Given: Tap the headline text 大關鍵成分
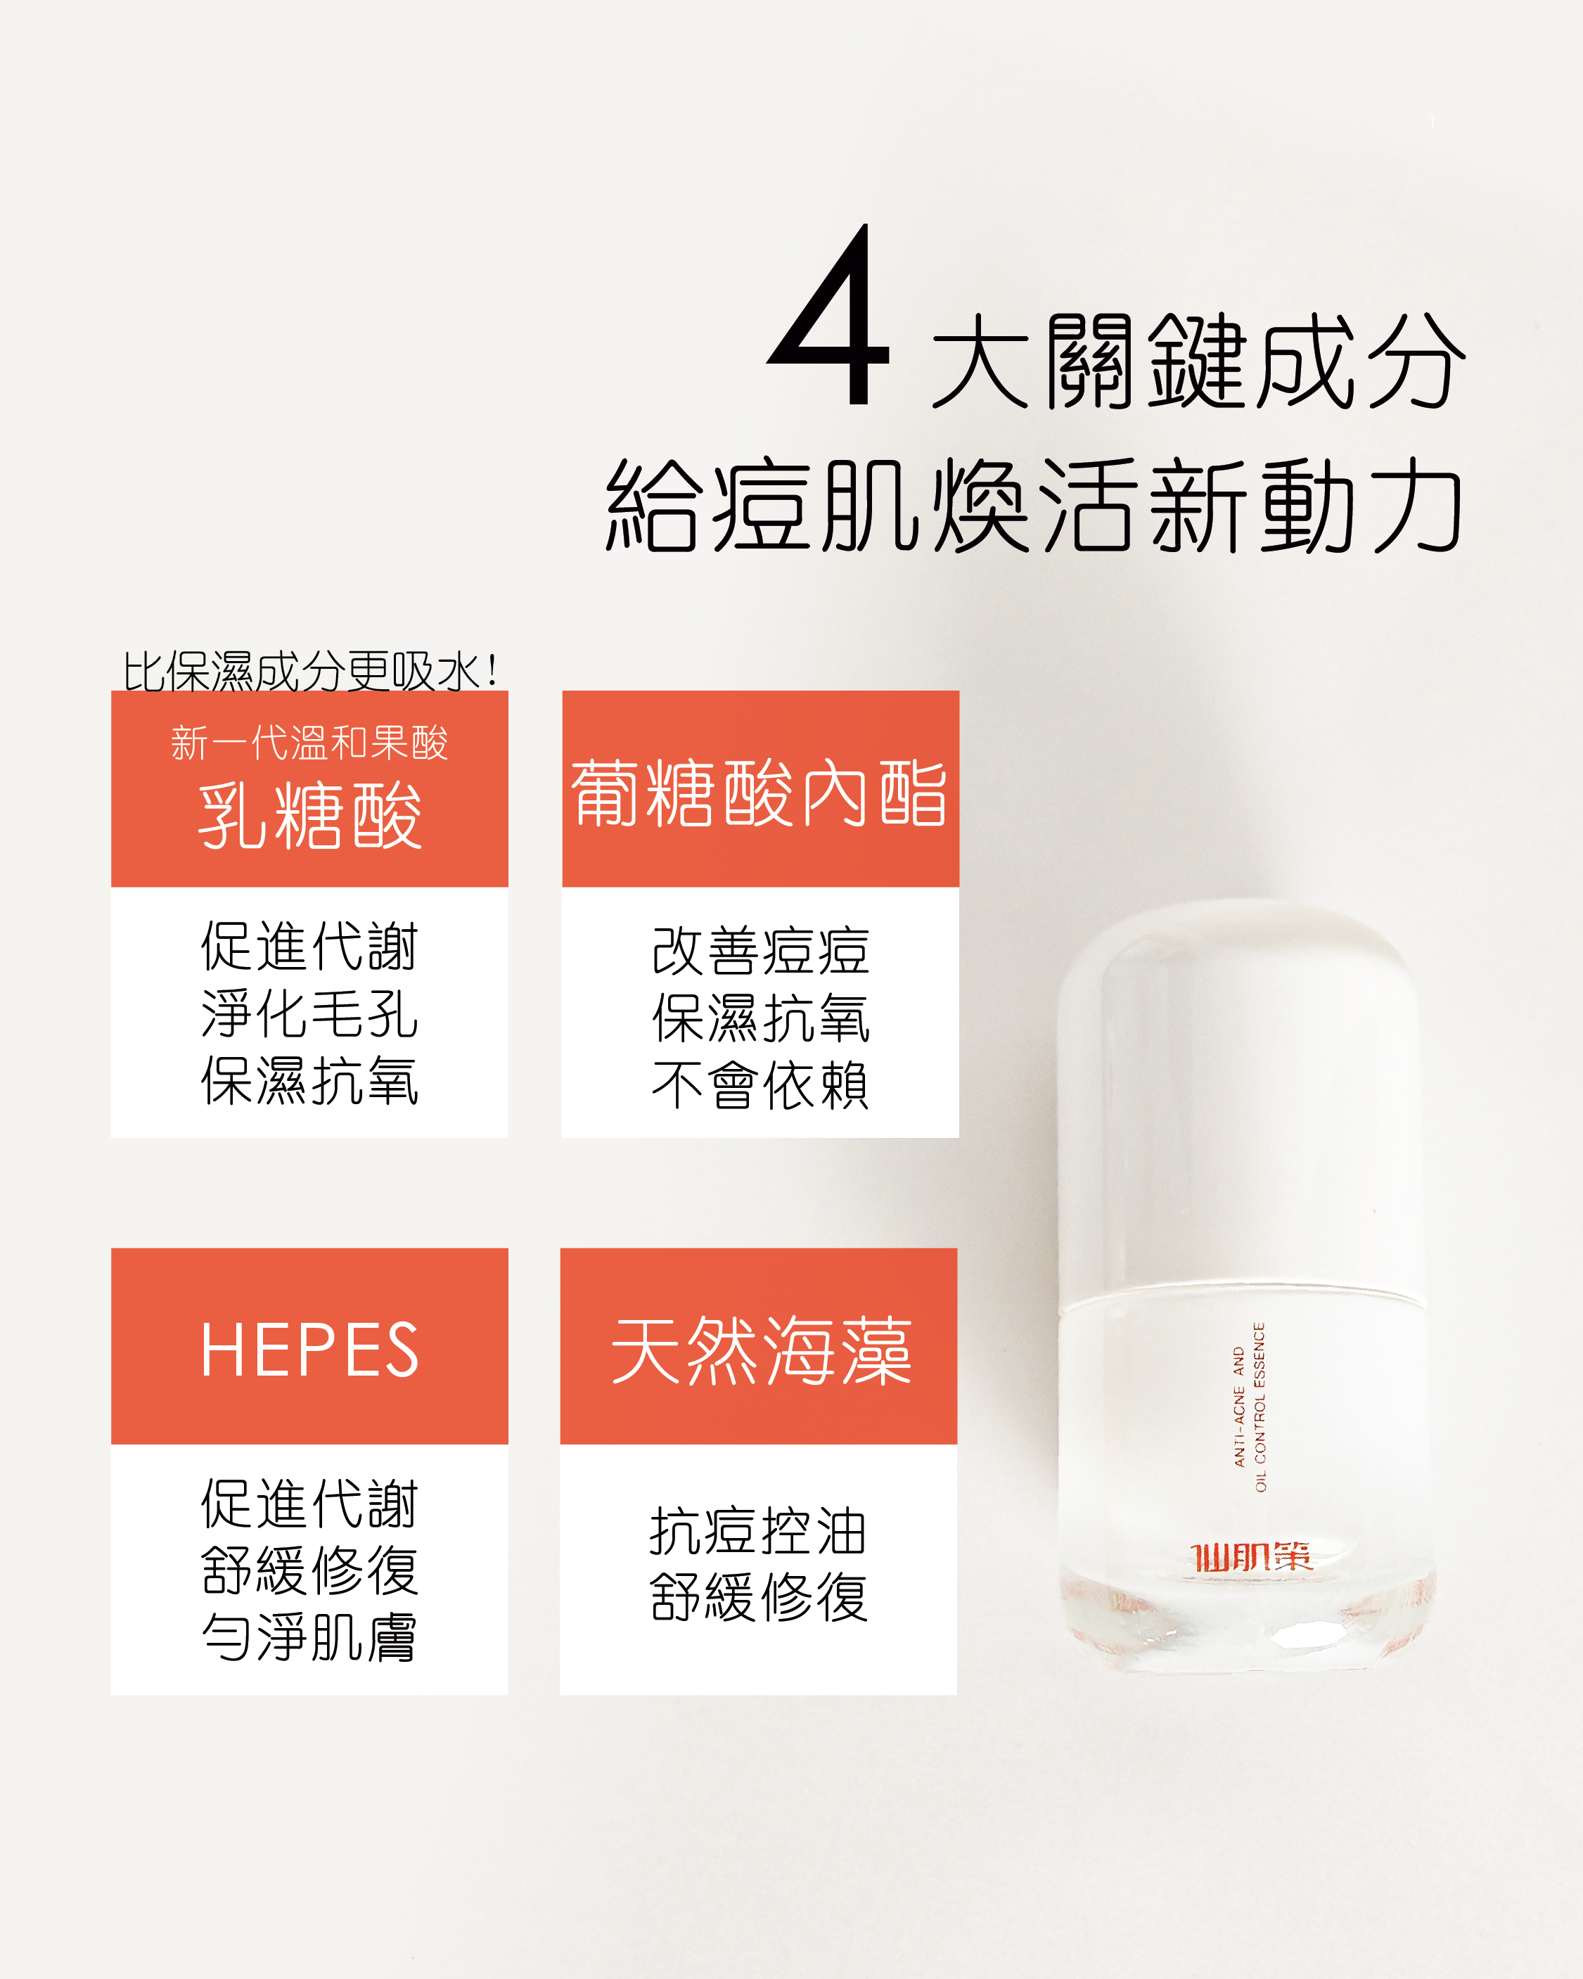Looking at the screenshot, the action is [x=1198, y=361].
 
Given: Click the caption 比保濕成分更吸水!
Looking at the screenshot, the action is [x=310, y=671].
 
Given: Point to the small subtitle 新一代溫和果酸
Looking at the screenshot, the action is [x=309, y=743].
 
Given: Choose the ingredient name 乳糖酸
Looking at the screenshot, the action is [x=310, y=816].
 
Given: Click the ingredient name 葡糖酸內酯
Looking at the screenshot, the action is [x=760, y=793].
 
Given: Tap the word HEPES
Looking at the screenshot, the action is [x=310, y=1350].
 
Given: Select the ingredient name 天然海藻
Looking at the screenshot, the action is [x=761, y=1350].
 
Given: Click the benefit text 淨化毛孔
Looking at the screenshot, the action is [x=310, y=1014].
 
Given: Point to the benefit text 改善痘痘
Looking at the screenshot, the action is [x=761, y=951].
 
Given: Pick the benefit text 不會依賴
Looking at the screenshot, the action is [x=761, y=1085].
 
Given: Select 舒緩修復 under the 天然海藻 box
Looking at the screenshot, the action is [x=758, y=1597].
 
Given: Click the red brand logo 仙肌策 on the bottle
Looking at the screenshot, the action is [x=1252, y=1558].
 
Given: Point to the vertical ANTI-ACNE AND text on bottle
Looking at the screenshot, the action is [x=1239, y=1407].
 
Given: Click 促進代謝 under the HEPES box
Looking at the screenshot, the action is [x=310, y=1504].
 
